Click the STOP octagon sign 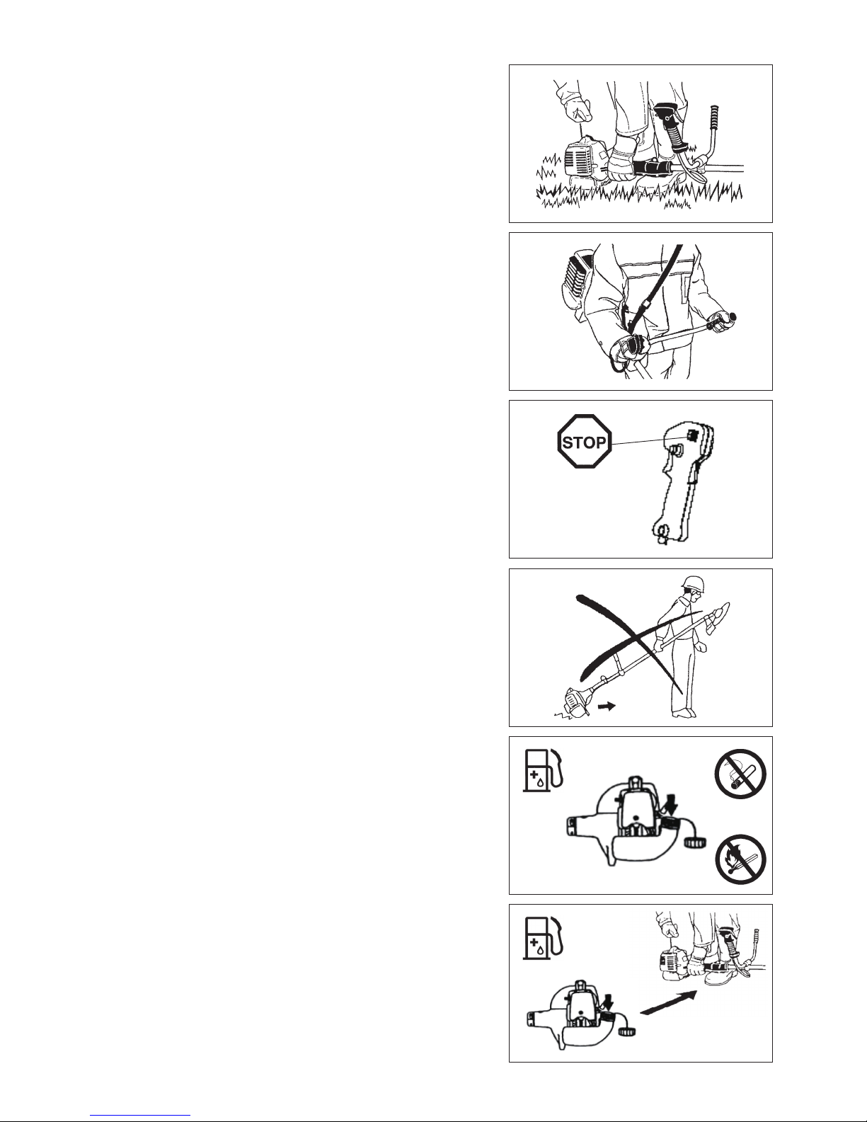(x=585, y=442)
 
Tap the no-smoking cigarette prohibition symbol (x=740, y=774)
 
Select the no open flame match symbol (x=740, y=859)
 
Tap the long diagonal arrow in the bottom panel (x=669, y=1002)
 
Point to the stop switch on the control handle (x=694, y=435)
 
